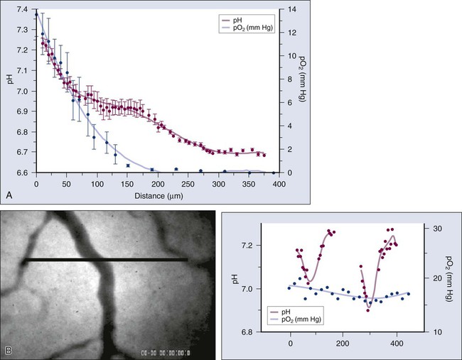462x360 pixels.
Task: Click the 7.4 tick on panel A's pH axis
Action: (x=21, y=9)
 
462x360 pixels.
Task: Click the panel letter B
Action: (x=9, y=349)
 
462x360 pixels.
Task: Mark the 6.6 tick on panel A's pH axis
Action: (x=21, y=173)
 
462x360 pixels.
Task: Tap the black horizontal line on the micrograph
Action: (x=107, y=261)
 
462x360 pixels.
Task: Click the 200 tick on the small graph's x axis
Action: (x=343, y=342)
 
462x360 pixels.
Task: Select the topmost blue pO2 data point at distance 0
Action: (x=36, y=14)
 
